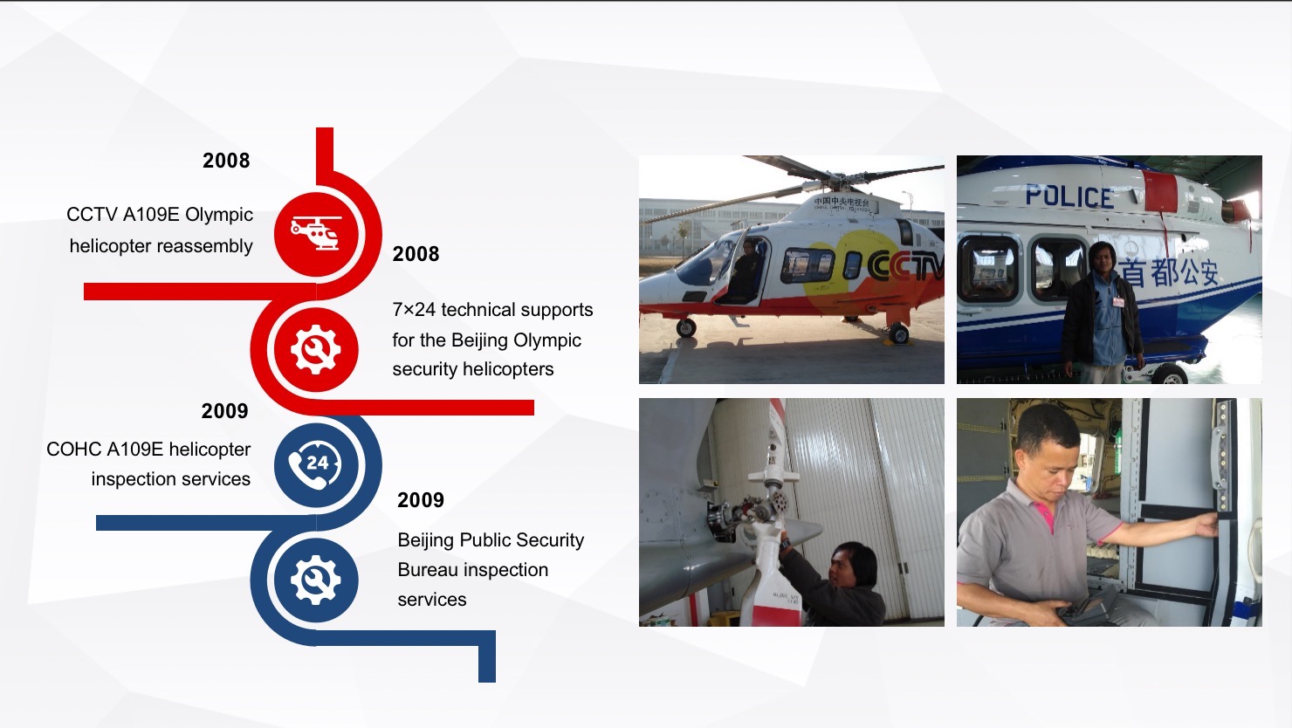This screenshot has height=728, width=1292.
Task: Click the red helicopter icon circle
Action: point(316,234)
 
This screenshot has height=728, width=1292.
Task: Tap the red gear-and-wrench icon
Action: point(316,349)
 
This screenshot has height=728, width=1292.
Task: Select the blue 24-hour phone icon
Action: point(316,465)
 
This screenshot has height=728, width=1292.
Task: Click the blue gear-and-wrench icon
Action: point(316,580)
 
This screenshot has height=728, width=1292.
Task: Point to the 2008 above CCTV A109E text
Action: point(226,161)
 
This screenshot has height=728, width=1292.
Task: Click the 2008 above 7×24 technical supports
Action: point(416,254)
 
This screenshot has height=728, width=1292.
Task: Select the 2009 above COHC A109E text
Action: point(225,411)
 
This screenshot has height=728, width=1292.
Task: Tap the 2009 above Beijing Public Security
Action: point(421,499)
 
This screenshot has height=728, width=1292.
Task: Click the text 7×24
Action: point(414,310)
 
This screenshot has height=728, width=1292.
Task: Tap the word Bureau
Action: point(426,570)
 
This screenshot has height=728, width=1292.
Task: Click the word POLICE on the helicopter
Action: point(1069,196)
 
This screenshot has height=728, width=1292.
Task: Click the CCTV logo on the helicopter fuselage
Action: point(904,266)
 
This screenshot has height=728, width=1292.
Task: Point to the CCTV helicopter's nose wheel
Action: point(686,327)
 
